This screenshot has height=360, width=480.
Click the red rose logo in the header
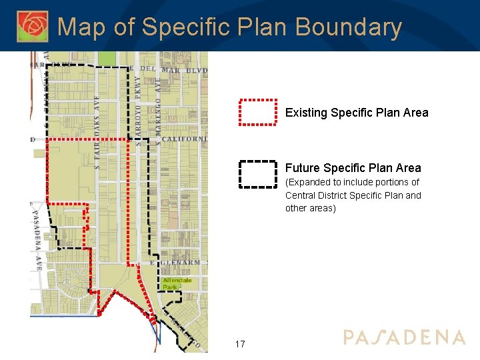coord(33,26)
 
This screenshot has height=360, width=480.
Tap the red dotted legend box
coord(258,112)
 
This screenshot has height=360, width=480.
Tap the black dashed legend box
coord(258,174)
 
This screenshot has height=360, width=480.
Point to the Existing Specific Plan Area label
coord(357,113)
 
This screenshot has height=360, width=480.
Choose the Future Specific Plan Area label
coord(353,168)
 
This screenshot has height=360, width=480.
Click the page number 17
coord(240,344)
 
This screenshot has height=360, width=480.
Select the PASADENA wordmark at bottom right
coord(404,337)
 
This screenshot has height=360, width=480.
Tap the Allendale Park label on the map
coord(177,284)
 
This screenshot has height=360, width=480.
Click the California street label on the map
coord(184,139)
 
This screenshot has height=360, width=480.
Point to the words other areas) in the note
coord(311,208)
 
